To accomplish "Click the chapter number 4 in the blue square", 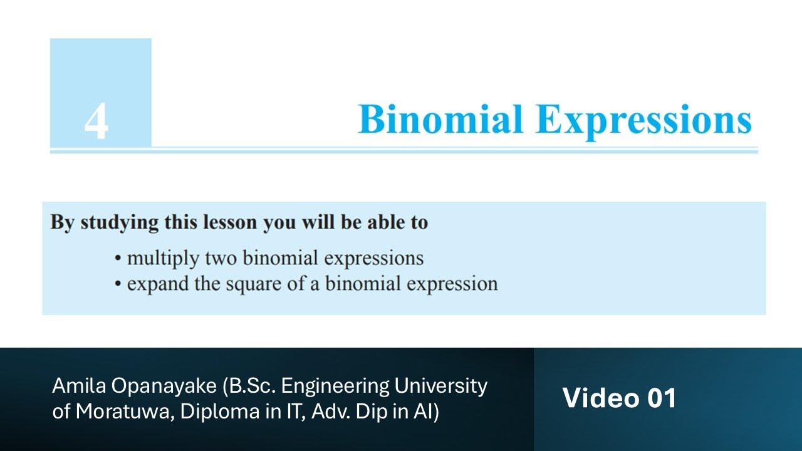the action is point(96,121).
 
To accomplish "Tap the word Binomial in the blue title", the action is point(440,119).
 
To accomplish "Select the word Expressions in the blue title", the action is point(643,122).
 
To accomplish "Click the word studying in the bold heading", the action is point(119,223).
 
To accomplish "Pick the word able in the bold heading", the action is point(387,222).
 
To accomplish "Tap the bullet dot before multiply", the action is point(117,259).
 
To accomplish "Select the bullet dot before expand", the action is point(117,284).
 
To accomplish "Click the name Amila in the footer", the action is point(79,386).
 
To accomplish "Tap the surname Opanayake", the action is point(164,387).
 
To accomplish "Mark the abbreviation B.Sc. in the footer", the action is point(249,386).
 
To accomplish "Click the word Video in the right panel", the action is point(601,398).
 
